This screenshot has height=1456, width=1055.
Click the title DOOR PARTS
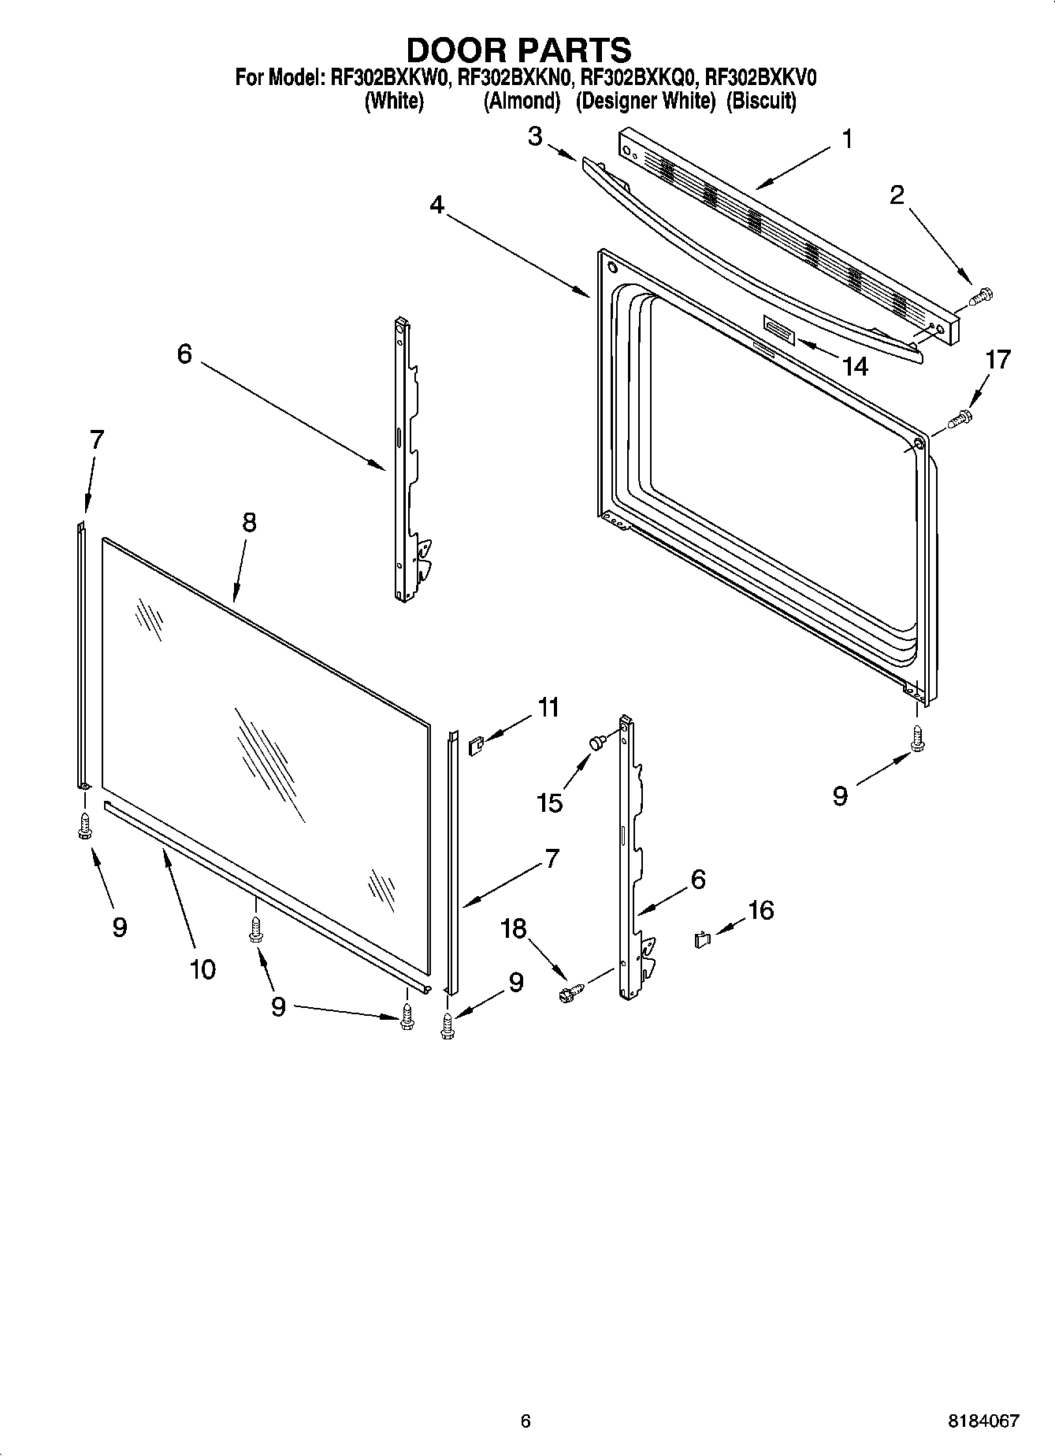pyautogui.click(x=518, y=50)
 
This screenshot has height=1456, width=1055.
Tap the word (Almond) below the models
pyautogui.click(x=522, y=101)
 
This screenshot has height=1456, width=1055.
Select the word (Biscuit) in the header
pyautogui.click(x=760, y=101)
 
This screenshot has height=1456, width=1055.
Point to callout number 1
pyautogui.click(x=847, y=140)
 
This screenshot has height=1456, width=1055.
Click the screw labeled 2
pyautogui.click(x=981, y=297)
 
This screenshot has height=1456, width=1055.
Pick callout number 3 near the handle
pyautogui.click(x=535, y=137)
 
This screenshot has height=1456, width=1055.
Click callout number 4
pyautogui.click(x=436, y=206)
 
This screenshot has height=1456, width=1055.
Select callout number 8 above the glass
pyautogui.click(x=249, y=522)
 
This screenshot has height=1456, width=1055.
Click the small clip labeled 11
pyautogui.click(x=474, y=744)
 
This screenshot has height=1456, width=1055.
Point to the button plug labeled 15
pyautogui.click(x=596, y=741)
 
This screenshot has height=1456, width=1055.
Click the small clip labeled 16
pyautogui.click(x=702, y=939)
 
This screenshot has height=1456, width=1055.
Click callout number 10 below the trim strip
pyautogui.click(x=202, y=969)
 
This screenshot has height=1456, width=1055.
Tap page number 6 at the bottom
pyautogui.click(x=526, y=1421)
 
